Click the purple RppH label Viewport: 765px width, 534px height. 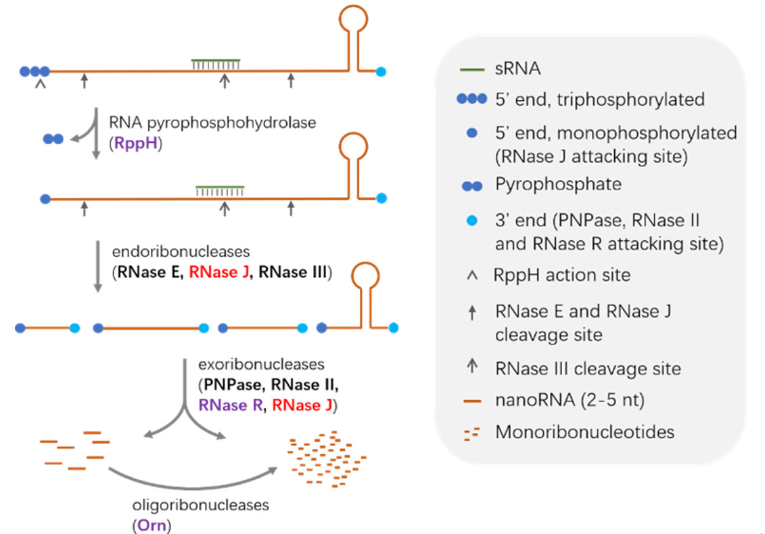coord(135,144)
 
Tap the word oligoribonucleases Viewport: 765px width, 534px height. coord(200,505)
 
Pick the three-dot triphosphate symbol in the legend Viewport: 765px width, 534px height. coord(471,99)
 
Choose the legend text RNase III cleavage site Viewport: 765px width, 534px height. coord(588,368)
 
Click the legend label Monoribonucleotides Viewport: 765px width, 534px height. coord(584,431)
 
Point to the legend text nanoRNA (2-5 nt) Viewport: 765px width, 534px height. coord(570,400)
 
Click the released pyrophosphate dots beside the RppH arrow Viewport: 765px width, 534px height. coord(53,139)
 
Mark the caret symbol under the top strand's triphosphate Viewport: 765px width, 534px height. coord(40,84)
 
